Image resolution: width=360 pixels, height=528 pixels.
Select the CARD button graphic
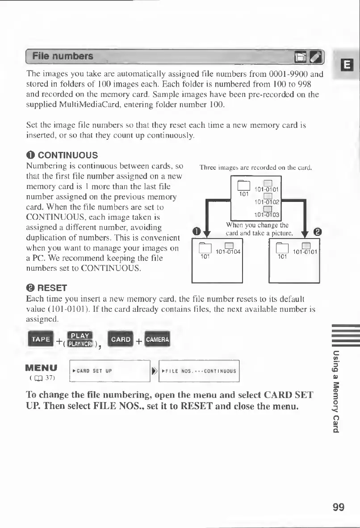[x=121, y=339]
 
